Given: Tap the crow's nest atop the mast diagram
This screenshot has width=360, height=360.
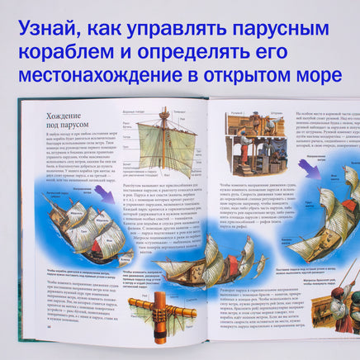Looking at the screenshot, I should click(x=167, y=117).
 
